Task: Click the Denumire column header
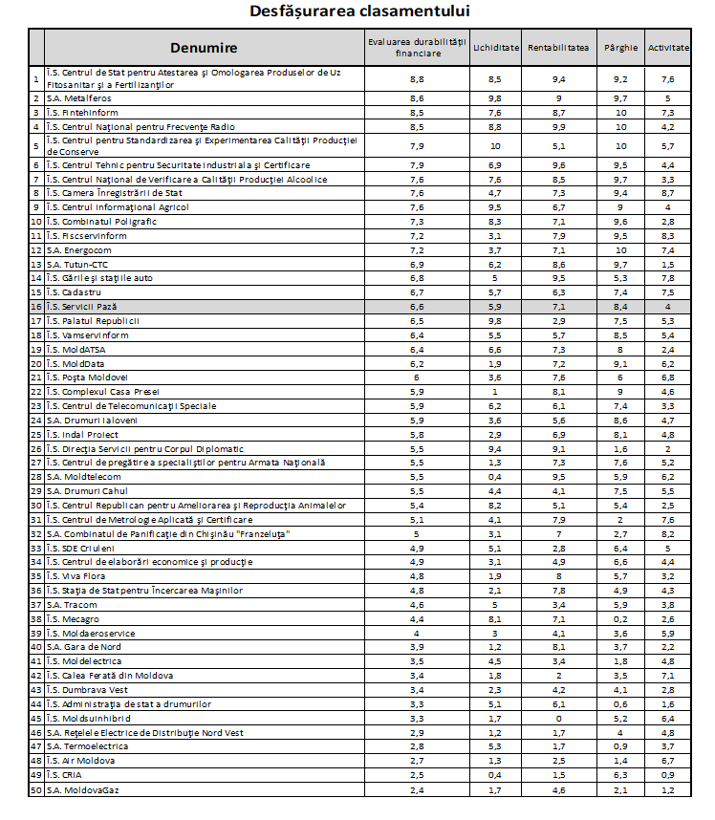point(204,48)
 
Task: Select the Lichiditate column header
point(495,48)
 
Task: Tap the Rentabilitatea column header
point(558,48)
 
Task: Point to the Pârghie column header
point(620,48)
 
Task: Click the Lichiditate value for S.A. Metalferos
point(495,98)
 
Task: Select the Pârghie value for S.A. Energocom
point(620,250)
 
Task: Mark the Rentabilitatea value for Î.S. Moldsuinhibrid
point(558,720)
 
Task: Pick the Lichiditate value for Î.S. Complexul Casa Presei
point(495,392)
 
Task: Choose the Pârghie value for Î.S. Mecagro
point(620,616)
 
